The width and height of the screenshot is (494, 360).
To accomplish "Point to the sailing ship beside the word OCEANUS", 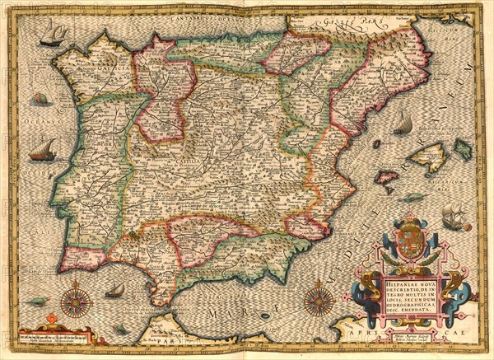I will pyautogui.click(x=42, y=151).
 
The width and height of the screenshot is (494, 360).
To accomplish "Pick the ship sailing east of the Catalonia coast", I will pyautogui.click(x=403, y=124).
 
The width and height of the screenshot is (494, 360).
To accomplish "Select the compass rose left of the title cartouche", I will pyautogui.click(x=319, y=298).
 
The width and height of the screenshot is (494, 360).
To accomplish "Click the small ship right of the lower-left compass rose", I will pyautogui.click(x=115, y=290).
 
